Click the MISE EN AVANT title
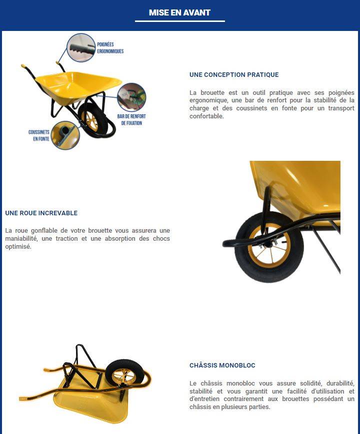(x=179, y=12)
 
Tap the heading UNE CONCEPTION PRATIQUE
(x=234, y=75)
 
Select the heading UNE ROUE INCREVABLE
(x=41, y=213)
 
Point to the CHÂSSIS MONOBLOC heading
(x=222, y=366)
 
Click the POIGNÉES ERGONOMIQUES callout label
(x=110, y=47)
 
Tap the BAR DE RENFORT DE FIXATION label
(x=131, y=119)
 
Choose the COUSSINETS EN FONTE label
(x=39, y=135)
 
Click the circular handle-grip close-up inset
(x=80, y=47)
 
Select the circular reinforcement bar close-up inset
(x=131, y=97)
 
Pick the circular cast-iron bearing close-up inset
(x=65, y=135)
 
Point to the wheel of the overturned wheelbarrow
(x=124, y=374)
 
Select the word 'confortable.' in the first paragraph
(x=206, y=116)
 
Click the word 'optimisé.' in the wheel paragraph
(x=18, y=247)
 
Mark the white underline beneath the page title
(x=180, y=21)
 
